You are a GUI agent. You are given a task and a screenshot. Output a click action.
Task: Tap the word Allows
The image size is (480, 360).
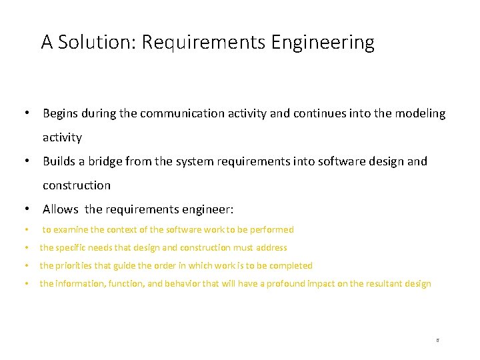coord(61,209)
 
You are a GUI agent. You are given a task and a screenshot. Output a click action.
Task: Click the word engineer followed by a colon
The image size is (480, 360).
coord(209,209)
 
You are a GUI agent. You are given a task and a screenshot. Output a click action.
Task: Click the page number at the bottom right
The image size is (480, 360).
coord(437,340)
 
